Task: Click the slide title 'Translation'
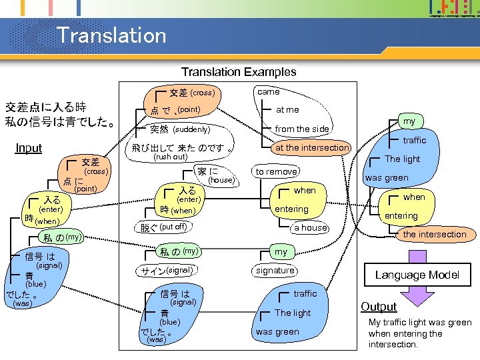(111, 35)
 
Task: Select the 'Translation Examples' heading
(239, 71)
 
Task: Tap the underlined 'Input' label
(29, 148)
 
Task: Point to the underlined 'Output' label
(379, 307)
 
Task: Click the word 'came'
(269, 91)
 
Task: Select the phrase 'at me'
(287, 109)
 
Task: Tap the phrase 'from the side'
(302, 129)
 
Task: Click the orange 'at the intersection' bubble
(312, 147)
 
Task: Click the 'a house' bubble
(311, 227)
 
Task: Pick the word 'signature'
(275, 270)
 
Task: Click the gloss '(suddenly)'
(191, 129)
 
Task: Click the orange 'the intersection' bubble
(434, 234)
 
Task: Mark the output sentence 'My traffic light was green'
(420, 323)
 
